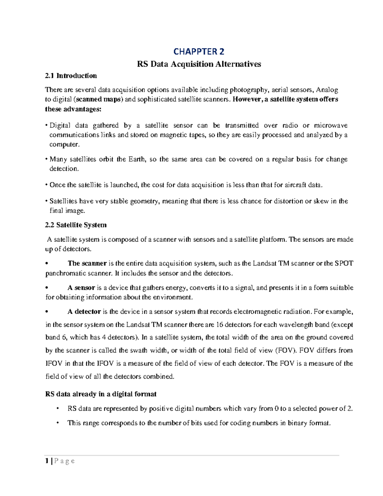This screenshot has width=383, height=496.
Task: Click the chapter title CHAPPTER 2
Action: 199,51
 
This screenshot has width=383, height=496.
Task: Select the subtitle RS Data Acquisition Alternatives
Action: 199,64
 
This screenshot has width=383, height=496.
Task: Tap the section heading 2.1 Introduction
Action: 71,76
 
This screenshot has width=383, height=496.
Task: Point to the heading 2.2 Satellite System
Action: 76,225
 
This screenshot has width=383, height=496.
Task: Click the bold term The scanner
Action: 87,263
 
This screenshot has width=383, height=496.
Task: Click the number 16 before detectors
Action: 220,325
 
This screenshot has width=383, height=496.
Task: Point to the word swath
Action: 139,350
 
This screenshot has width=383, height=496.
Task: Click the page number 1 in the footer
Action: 47,461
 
